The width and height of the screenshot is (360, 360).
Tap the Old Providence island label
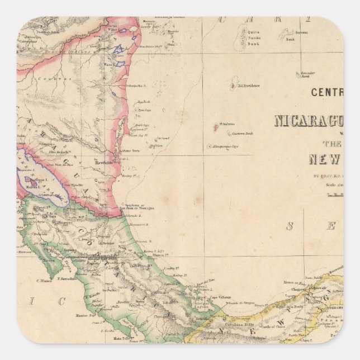pyautogui.click(x=248, y=86)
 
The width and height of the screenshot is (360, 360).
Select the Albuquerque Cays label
pyautogui.click(x=225, y=146)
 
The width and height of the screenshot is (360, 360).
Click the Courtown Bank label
pyautogui.click(x=243, y=132)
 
